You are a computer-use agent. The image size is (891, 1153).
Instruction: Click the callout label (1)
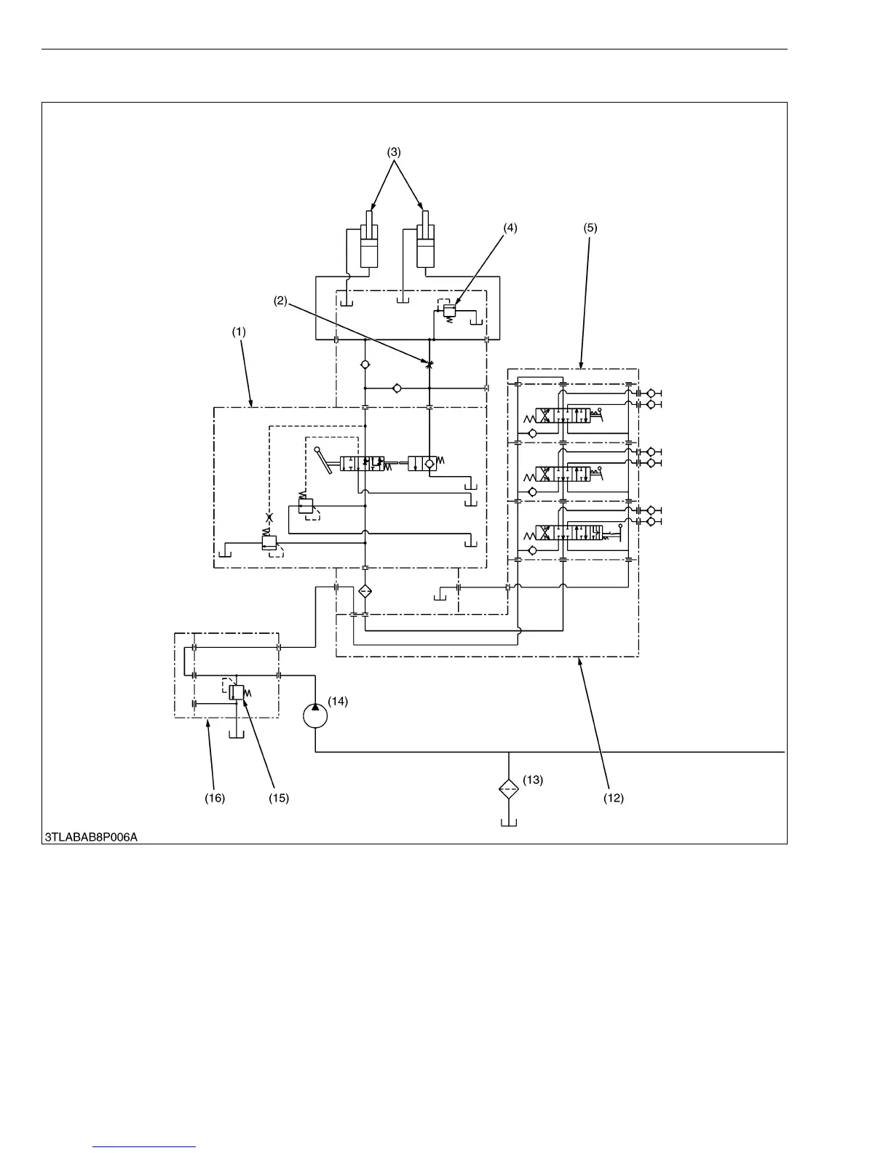coord(239,331)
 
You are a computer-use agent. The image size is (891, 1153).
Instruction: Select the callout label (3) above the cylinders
coord(394,152)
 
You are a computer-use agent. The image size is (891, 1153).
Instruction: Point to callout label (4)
coord(510,227)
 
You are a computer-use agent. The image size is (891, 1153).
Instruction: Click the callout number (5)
coord(590,227)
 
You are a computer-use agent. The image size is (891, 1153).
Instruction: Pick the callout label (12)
coord(614,798)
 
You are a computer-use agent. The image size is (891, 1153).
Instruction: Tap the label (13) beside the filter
coord(533,780)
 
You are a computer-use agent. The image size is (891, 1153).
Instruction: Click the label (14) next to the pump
coord(338,702)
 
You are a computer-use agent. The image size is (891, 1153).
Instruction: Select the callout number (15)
coord(278,798)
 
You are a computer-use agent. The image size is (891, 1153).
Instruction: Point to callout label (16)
coord(215,798)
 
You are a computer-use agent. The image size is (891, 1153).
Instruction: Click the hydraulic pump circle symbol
coord(315,716)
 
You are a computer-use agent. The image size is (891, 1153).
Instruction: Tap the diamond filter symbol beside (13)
coord(508,788)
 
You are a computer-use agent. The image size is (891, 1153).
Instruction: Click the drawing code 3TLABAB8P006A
coord(92,837)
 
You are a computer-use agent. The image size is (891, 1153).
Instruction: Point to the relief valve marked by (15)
coord(236,692)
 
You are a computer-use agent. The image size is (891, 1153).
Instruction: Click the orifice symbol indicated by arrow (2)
coord(430,362)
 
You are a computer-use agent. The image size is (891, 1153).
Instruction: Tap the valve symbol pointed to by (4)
coord(448,312)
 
